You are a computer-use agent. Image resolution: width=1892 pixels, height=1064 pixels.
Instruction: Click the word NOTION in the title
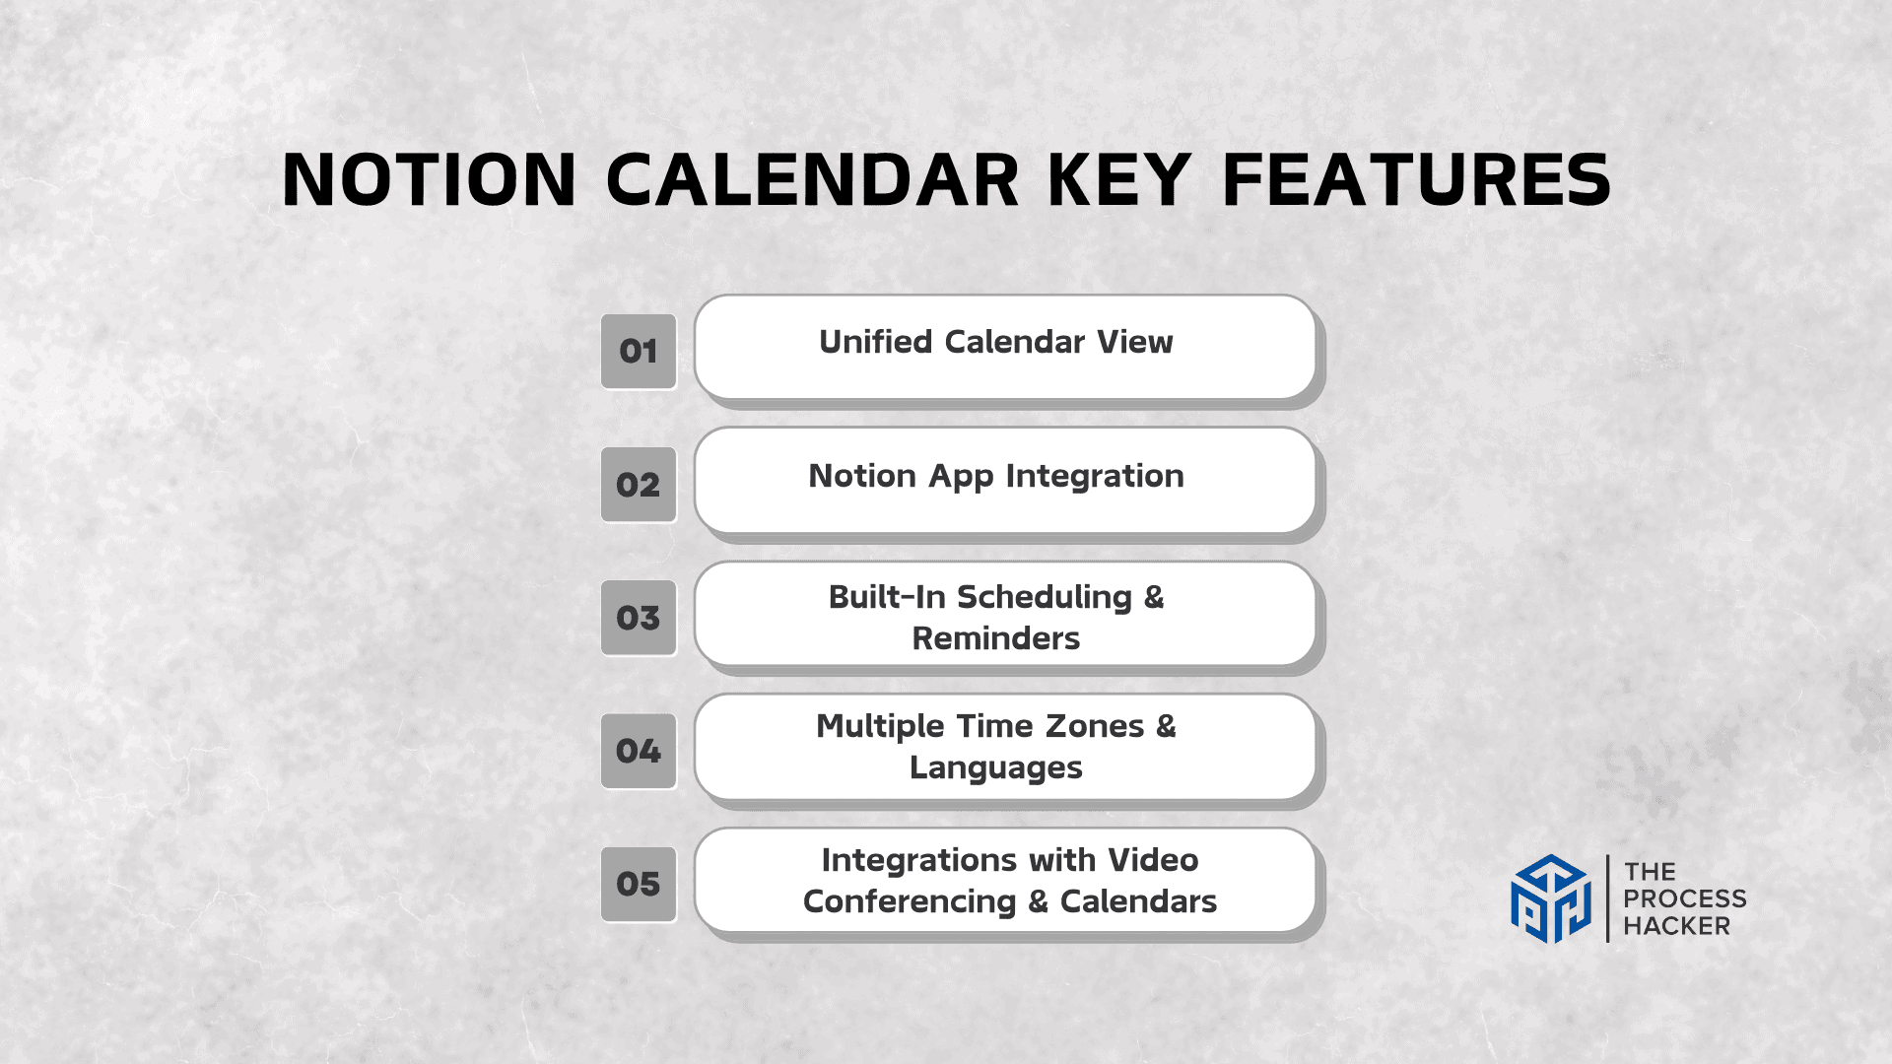click(x=429, y=180)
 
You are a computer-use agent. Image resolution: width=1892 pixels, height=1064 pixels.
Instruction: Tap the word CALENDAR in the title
click(x=812, y=180)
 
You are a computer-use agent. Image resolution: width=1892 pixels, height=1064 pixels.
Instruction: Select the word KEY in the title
click(x=1119, y=180)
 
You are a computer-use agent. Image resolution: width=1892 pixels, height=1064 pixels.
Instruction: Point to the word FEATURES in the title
click(x=1416, y=180)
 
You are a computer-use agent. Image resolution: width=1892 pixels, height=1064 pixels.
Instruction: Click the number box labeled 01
click(x=639, y=352)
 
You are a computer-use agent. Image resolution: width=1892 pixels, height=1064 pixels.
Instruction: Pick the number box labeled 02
click(x=639, y=485)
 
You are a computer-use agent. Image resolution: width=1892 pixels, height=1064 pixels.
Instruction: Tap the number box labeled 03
click(x=639, y=618)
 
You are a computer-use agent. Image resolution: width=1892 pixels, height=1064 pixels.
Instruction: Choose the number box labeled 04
click(x=639, y=751)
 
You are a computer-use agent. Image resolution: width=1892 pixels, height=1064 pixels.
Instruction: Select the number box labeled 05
click(x=639, y=884)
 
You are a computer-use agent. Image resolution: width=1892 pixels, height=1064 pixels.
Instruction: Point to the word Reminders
click(x=995, y=638)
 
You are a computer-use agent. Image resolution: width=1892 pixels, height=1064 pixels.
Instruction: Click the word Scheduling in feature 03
click(x=1044, y=597)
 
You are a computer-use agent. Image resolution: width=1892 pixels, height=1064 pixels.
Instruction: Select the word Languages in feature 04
click(x=995, y=767)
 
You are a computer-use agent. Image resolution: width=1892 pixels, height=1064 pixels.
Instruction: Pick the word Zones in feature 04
click(x=1094, y=726)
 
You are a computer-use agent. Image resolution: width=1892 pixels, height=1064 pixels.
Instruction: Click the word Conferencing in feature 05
click(x=909, y=901)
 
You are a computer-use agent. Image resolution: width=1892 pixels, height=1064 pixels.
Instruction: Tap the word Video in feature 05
click(x=1153, y=860)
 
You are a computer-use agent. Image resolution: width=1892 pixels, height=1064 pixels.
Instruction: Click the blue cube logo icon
click(x=1550, y=898)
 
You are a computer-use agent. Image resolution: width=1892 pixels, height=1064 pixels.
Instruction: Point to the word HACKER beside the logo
click(x=1676, y=926)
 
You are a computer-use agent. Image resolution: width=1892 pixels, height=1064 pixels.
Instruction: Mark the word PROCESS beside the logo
click(x=1684, y=898)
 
